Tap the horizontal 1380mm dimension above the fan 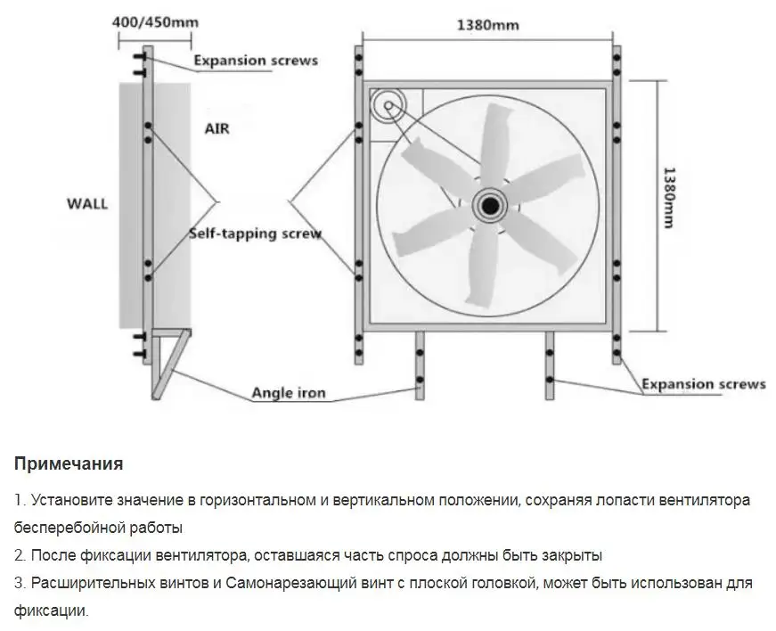[487, 24]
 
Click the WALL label [87, 203]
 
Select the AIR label [216, 128]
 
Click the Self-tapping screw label [255, 234]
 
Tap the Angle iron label [289, 392]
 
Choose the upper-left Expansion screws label [255, 61]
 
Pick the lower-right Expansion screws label [704, 384]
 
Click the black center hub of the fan [488, 206]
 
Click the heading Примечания [68, 464]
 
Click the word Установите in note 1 [71, 500]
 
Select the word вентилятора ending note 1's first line [707, 500]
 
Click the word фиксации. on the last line [52, 611]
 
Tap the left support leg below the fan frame [419, 365]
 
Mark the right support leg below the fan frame [550, 365]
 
